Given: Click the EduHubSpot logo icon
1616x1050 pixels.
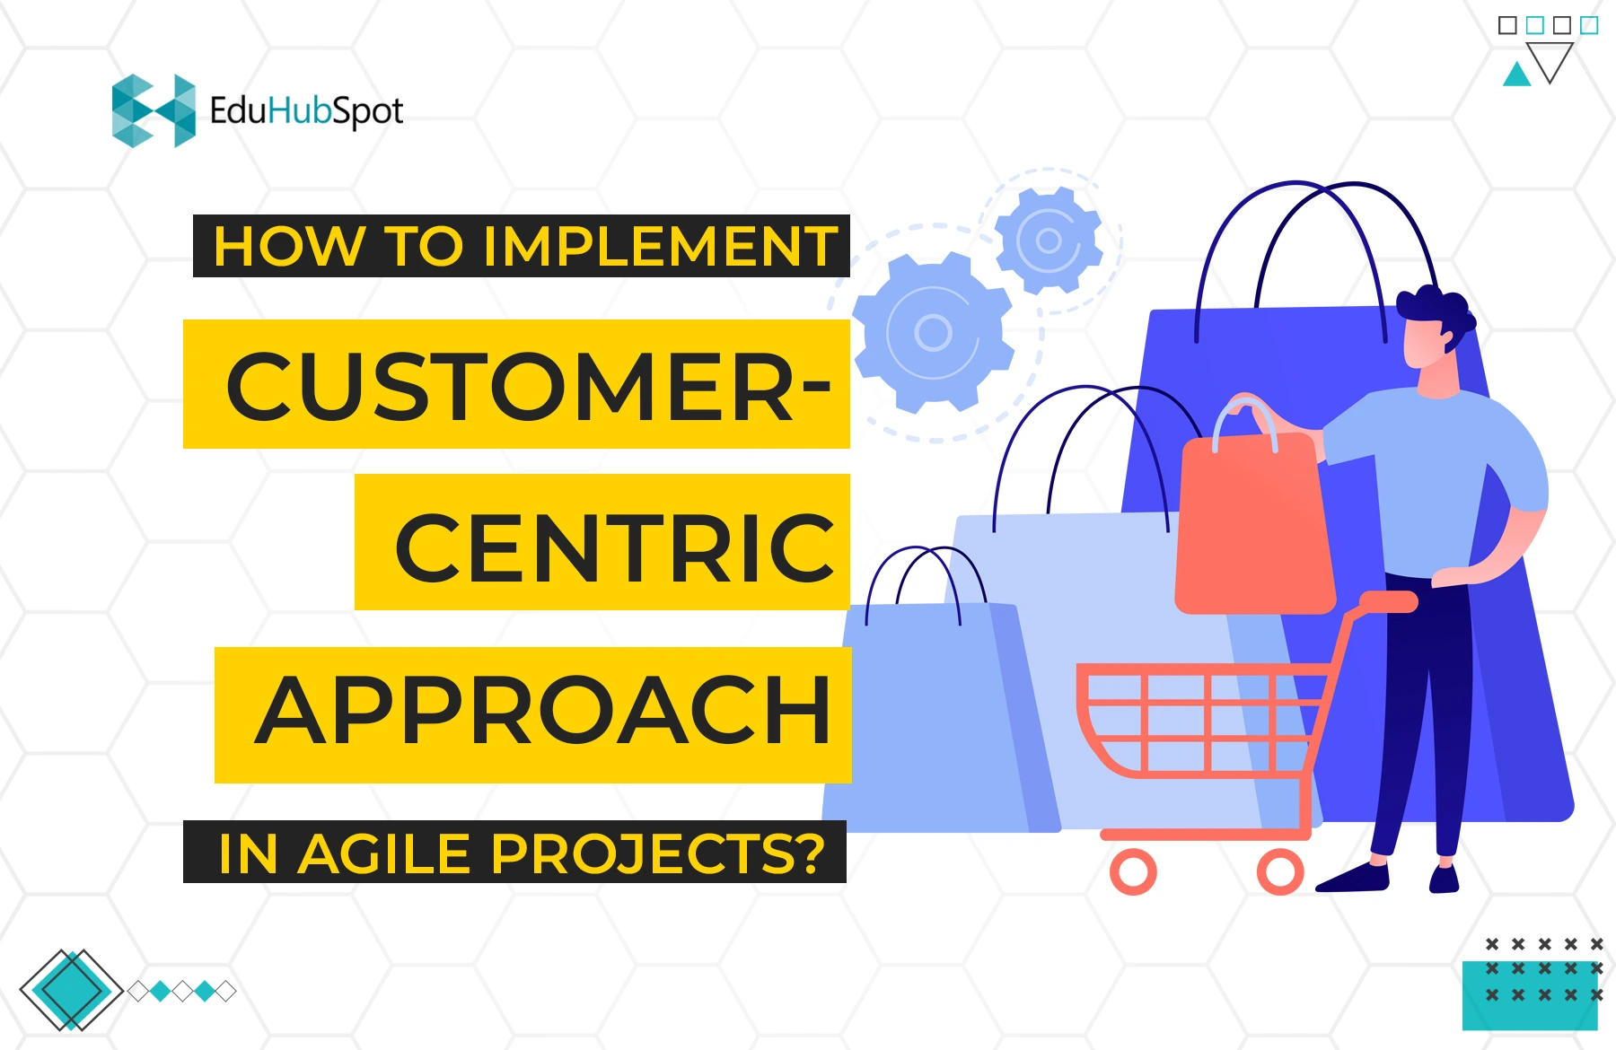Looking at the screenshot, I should [154, 110].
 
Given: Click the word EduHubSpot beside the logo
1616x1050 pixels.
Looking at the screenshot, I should [306, 111].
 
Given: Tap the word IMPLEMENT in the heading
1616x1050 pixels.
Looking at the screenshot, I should [660, 246].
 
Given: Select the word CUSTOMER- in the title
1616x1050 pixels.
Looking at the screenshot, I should [528, 386].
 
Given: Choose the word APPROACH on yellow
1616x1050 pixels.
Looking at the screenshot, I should [543, 712].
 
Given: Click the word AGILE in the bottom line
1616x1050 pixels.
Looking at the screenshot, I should [384, 853].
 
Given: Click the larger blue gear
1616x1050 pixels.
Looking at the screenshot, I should [933, 333].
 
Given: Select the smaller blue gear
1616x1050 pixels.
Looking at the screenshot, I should [1049, 240].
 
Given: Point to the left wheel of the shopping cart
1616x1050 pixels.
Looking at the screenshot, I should [1133, 871].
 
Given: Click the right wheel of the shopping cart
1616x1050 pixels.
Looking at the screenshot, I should [1279, 871].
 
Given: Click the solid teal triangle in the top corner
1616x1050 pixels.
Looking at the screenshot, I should [1516, 75].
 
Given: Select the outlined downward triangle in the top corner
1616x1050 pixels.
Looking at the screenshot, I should [1550, 59].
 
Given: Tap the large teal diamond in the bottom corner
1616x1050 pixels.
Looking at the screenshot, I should [72, 990].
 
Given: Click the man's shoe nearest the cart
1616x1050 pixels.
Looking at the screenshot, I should [1355, 879].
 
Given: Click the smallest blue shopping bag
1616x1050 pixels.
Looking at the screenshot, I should [934, 718].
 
